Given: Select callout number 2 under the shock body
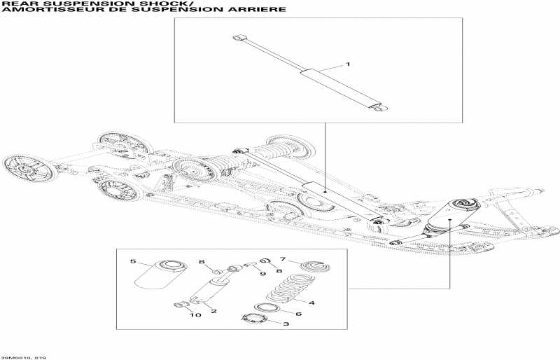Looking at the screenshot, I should coord(213,311).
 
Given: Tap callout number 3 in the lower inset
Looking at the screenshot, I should coord(285,324).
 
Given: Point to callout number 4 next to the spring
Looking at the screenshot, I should coord(311,303).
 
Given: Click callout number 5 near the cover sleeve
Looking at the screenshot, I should coord(132,261).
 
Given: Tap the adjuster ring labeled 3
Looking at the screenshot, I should coord(255,319).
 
